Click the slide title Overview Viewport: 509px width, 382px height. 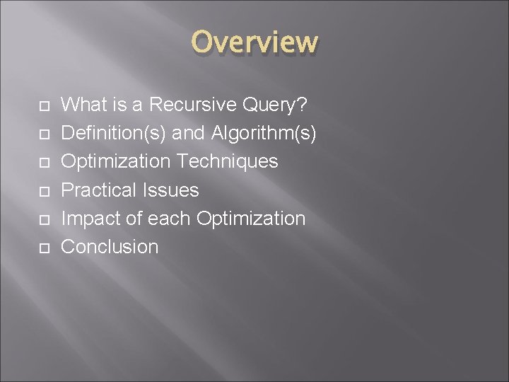click(x=255, y=42)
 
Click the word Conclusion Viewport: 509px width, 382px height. click(x=110, y=246)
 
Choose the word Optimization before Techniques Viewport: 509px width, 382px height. click(x=116, y=161)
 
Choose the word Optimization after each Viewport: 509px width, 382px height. click(x=251, y=218)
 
